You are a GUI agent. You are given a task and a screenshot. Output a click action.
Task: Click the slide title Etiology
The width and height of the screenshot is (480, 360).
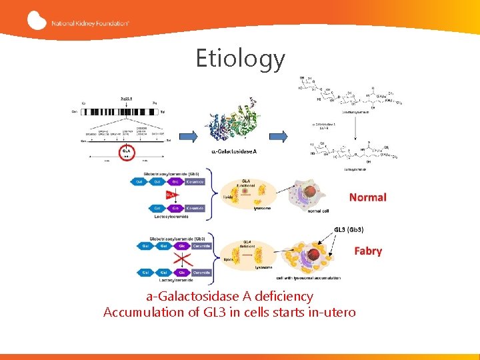(240, 59)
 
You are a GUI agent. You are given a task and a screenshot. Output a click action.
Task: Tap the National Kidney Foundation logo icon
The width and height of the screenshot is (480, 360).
(37, 21)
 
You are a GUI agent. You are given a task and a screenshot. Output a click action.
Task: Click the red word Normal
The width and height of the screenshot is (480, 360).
(367, 197)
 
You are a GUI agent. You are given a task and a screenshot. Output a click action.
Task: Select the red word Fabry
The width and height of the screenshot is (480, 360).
(368, 251)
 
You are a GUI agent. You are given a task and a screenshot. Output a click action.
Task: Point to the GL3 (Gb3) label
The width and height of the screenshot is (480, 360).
(349, 229)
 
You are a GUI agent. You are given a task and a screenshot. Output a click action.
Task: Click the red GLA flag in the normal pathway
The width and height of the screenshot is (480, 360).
(170, 194)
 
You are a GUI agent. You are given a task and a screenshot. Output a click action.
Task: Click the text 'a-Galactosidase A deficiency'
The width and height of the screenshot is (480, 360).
(229, 296)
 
